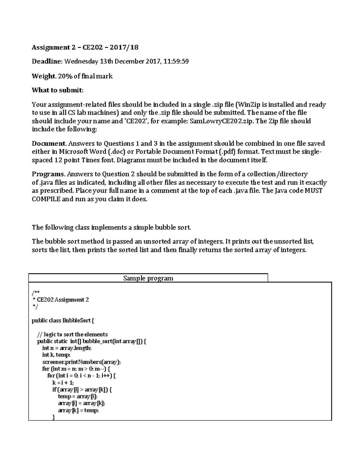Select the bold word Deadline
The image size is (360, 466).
[x=46, y=62]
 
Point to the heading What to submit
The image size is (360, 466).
[x=58, y=90]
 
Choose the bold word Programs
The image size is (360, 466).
[x=48, y=174]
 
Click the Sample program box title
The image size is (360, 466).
[x=148, y=278]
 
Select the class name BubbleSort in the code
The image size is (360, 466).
[x=76, y=320]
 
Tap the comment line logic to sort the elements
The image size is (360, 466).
[x=72, y=334]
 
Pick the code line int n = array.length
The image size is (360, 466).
[x=67, y=348]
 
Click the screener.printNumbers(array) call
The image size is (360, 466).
[x=81, y=362]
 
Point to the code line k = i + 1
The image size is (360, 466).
[x=63, y=383]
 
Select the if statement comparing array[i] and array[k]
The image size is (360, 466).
[x=82, y=390]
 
